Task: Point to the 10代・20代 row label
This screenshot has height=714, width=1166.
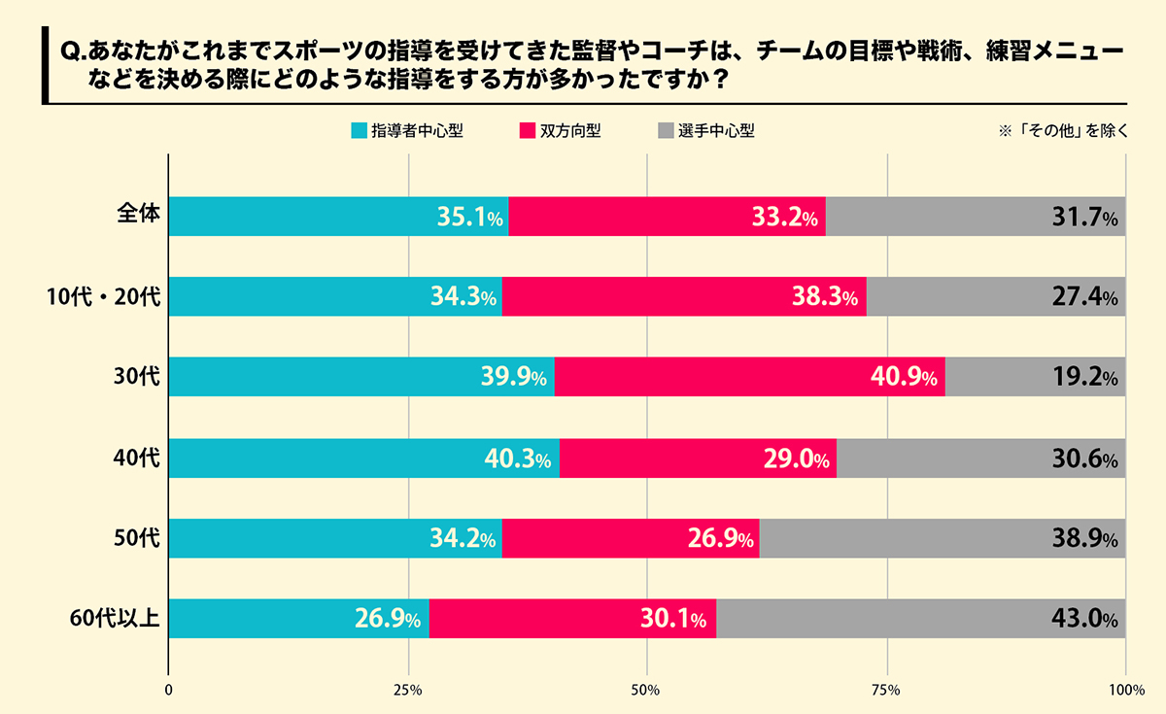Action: (110, 296)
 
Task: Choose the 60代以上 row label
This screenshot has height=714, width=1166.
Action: (115, 617)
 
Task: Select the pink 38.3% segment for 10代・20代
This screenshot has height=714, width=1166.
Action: (684, 296)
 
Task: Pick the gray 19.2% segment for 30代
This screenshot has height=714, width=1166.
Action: (1035, 377)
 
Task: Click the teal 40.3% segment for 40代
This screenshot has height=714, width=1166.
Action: (364, 458)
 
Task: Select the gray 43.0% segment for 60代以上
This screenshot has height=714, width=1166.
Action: (920, 619)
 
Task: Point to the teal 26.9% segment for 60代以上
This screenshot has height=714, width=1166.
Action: (299, 619)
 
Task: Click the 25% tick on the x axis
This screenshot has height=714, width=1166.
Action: (407, 690)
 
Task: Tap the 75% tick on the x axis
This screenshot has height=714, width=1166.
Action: (886, 690)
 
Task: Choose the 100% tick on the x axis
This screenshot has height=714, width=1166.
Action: (1126, 690)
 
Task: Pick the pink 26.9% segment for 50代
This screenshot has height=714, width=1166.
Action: (631, 538)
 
